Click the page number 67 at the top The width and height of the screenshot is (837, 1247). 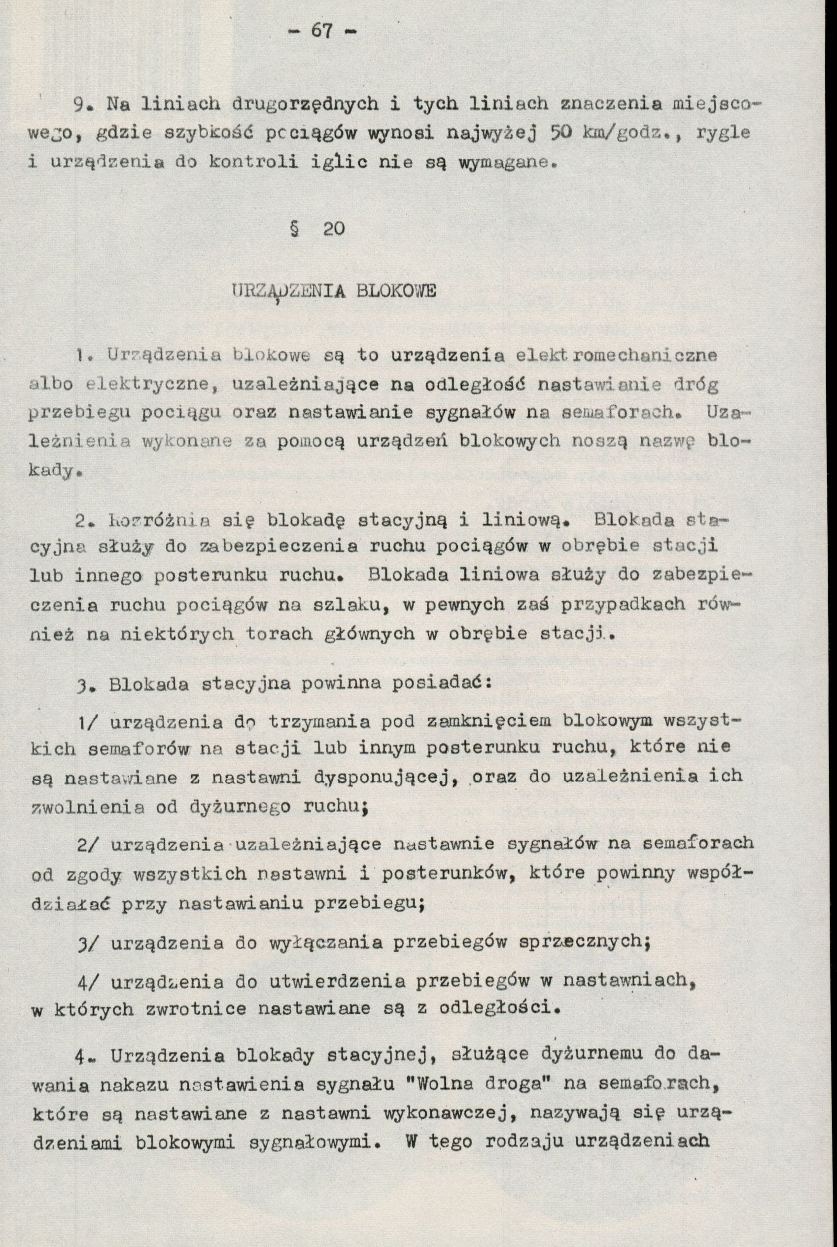321,31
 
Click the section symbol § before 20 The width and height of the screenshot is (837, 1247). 293,230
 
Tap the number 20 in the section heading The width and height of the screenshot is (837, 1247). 334,230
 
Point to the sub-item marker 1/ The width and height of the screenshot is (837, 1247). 88,722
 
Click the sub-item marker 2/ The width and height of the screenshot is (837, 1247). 88,845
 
